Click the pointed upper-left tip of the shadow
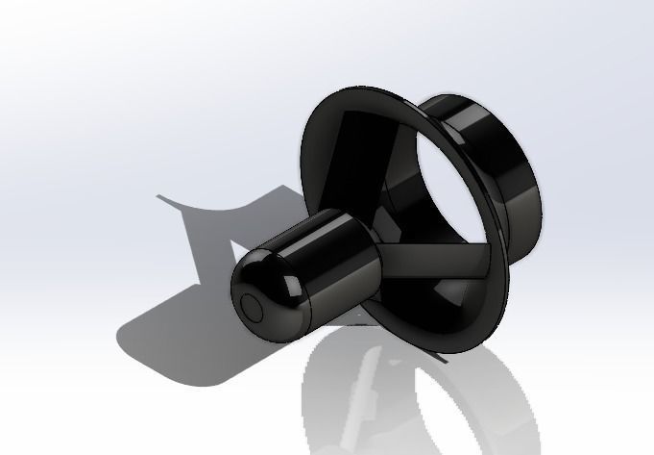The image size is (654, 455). click(x=160, y=197)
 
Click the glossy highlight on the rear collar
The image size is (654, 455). click(x=471, y=115)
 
